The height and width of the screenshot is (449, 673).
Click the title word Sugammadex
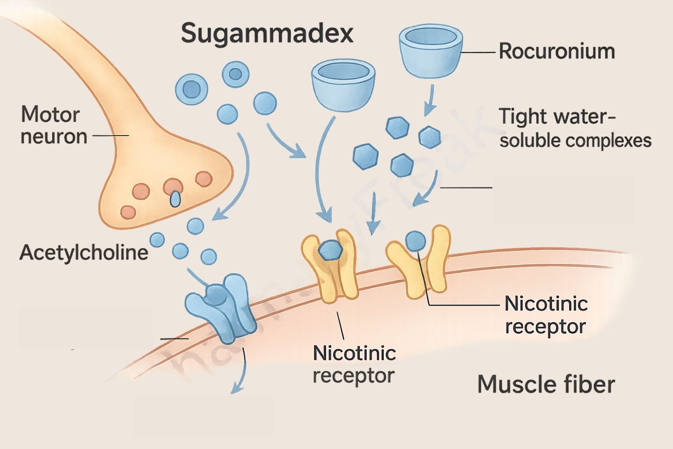coord(267,33)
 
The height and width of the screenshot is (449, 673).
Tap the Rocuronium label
coord(556,51)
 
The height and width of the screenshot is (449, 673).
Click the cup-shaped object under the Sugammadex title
coord(343,85)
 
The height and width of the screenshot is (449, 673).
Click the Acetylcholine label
coord(83,253)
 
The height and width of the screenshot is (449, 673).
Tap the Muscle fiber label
coord(545,384)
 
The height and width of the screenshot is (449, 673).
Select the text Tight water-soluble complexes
coord(574,128)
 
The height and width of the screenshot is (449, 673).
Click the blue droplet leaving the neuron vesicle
coord(175,200)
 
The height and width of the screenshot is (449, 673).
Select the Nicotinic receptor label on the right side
coord(545,315)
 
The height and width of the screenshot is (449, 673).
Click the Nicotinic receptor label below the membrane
coord(354,364)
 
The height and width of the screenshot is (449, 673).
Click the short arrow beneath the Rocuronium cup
coord(429,100)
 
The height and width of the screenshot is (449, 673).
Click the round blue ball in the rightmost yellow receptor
coord(415,240)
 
